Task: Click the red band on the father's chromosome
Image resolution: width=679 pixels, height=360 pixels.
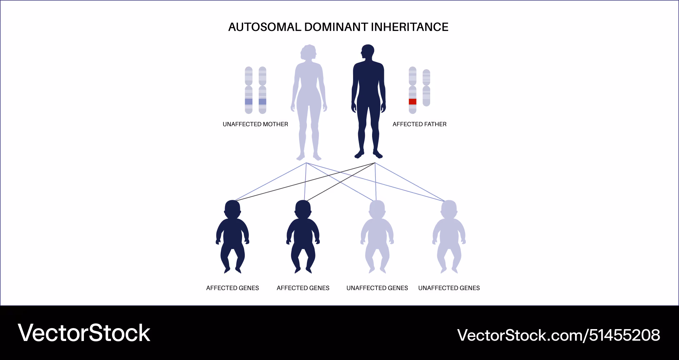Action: (412, 101)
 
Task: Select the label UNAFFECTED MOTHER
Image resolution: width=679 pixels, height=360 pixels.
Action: (255, 124)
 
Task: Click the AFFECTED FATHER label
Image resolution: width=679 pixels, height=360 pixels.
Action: (420, 124)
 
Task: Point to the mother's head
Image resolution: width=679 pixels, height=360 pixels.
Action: (308, 53)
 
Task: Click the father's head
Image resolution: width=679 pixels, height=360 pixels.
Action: (367, 53)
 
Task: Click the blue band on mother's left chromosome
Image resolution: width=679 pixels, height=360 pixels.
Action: (249, 102)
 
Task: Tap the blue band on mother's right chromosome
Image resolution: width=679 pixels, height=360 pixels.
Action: (262, 102)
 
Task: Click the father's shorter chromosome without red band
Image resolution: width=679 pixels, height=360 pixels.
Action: (426, 88)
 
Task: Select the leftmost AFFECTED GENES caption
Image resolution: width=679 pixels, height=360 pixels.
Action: (233, 288)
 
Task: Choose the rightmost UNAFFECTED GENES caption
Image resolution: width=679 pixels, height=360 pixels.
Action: (449, 288)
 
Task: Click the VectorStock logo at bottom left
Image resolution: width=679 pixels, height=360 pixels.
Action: (84, 333)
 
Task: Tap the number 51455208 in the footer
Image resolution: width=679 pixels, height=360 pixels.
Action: (625, 335)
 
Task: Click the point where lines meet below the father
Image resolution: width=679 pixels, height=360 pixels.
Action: (375, 163)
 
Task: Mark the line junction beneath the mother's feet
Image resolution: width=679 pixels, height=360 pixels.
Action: (306, 163)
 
